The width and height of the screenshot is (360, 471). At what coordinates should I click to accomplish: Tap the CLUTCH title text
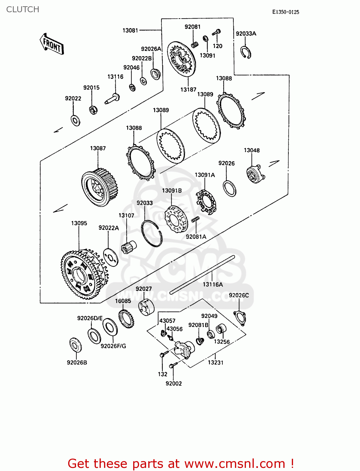23,9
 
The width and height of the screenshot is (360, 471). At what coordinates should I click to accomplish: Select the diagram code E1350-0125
285,12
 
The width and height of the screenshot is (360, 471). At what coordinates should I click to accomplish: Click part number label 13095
79,223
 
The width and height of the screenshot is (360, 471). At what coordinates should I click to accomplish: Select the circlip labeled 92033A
246,52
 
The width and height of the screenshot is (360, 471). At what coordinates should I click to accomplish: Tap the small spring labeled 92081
195,44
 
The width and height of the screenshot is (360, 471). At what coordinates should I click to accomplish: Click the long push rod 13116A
202,275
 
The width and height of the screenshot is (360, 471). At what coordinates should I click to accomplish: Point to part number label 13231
215,362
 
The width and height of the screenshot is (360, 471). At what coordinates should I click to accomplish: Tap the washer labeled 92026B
75,345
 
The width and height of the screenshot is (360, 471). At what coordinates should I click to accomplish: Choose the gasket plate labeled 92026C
240,317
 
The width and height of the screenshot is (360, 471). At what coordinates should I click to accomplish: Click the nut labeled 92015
93,110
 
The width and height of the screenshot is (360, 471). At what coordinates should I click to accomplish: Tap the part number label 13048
252,150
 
